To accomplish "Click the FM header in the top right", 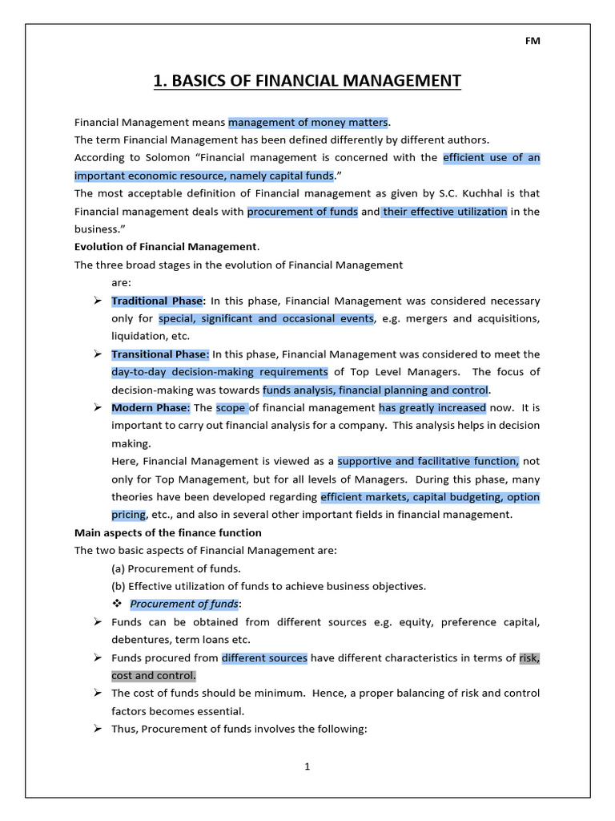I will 533,42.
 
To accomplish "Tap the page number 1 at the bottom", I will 307,766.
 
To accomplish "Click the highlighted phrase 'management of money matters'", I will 308,123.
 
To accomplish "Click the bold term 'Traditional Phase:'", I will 159,301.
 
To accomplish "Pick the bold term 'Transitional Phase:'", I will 160,354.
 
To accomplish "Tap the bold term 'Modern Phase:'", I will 151,407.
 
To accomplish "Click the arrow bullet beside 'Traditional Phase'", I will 96,301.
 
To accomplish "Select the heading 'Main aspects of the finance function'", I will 168,532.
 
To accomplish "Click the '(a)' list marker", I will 119,568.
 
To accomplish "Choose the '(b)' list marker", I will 119,586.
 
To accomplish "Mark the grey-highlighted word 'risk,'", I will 529,657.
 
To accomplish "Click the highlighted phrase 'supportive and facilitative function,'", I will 428,461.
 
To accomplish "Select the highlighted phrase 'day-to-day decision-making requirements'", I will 220,372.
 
